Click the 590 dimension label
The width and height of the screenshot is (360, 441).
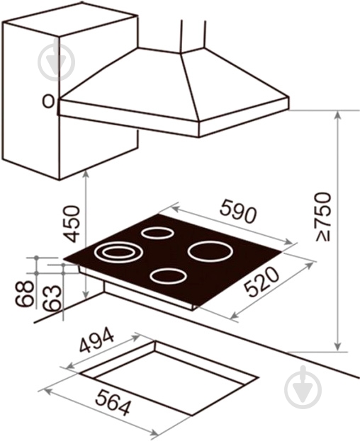click(238, 211)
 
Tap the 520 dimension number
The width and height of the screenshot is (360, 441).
click(261, 282)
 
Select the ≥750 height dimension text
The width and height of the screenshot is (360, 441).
click(322, 217)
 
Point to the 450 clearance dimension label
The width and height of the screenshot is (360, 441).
click(71, 224)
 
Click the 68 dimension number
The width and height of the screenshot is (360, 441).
click(25, 293)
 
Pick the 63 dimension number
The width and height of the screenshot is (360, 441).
click(52, 298)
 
